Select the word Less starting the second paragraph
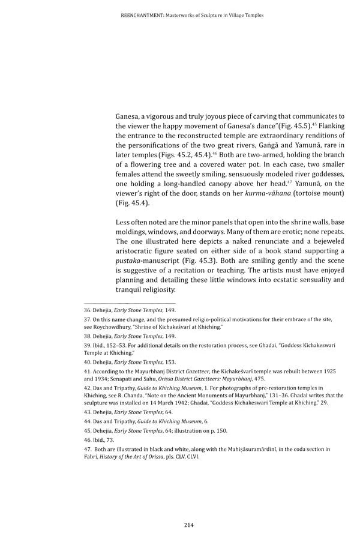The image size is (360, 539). pos(124,223)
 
